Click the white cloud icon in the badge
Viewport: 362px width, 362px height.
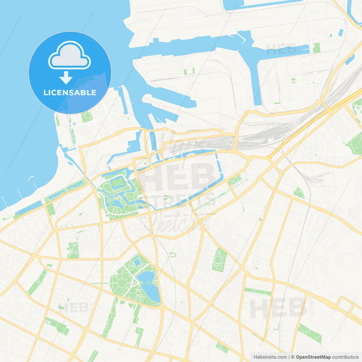pos(70,55)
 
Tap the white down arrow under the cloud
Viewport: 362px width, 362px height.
pos(66,78)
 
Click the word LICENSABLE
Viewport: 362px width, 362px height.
pos(70,92)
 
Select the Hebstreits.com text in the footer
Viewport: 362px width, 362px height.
pos(270,357)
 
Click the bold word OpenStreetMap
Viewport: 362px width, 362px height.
pos(313,357)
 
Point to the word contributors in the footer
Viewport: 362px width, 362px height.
pos(345,357)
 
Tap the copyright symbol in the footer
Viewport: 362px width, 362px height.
pos(293,357)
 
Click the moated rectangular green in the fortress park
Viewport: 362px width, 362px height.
pos(117,183)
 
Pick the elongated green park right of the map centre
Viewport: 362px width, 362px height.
pos(219,260)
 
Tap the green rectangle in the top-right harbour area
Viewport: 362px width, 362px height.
pos(316,48)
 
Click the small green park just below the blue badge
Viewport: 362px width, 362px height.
pos(86,117)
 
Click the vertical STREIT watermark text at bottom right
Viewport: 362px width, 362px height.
pos(311,305)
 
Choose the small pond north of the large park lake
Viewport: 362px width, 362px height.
pos(138,262)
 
